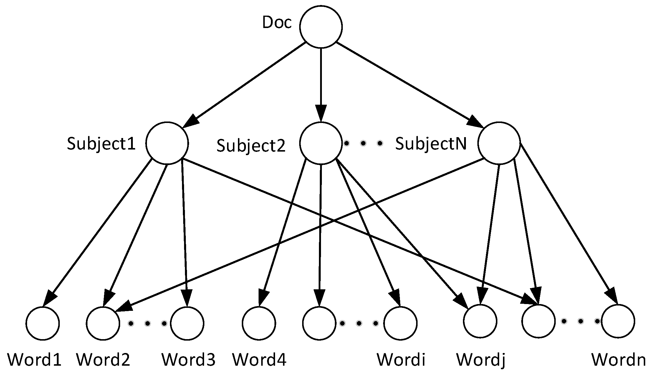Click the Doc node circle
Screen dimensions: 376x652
click(321, 27)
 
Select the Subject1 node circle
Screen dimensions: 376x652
click(167, 143)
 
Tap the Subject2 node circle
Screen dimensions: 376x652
click(321, 143)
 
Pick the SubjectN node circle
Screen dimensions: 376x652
click(499, 143)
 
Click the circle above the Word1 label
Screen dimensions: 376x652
click(43, 323)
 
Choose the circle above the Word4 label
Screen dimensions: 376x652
click(259, 323)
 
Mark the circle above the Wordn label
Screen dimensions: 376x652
click(618, 321)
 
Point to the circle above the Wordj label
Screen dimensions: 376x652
click(480, 321)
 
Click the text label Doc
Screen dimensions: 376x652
click(277, 23)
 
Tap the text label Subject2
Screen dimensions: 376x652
click(251, 146)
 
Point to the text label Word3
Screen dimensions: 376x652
click(188, 359)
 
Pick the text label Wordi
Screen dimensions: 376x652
click(401, 359)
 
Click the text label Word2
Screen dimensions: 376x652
click(103, 359)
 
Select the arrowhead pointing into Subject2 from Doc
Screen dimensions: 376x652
click(321, 114)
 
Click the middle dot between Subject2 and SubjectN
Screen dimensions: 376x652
click(363, 144)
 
